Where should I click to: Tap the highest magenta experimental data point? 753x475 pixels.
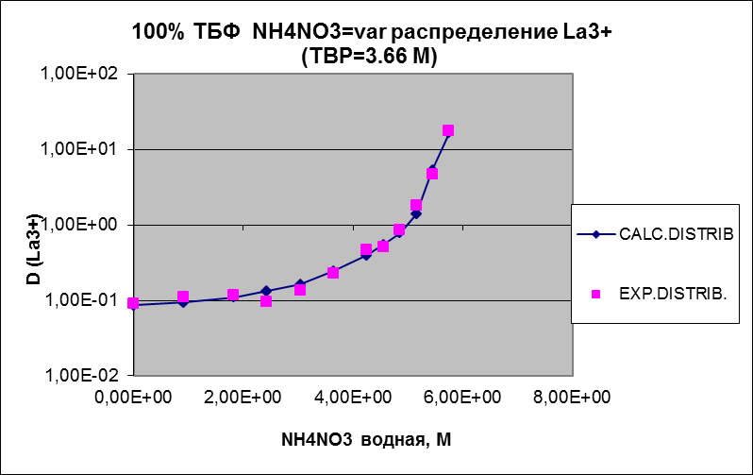tap(448, 130)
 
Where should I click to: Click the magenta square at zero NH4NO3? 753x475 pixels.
tap(133, 303)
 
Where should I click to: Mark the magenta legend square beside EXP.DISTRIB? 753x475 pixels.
tap(595, 294)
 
